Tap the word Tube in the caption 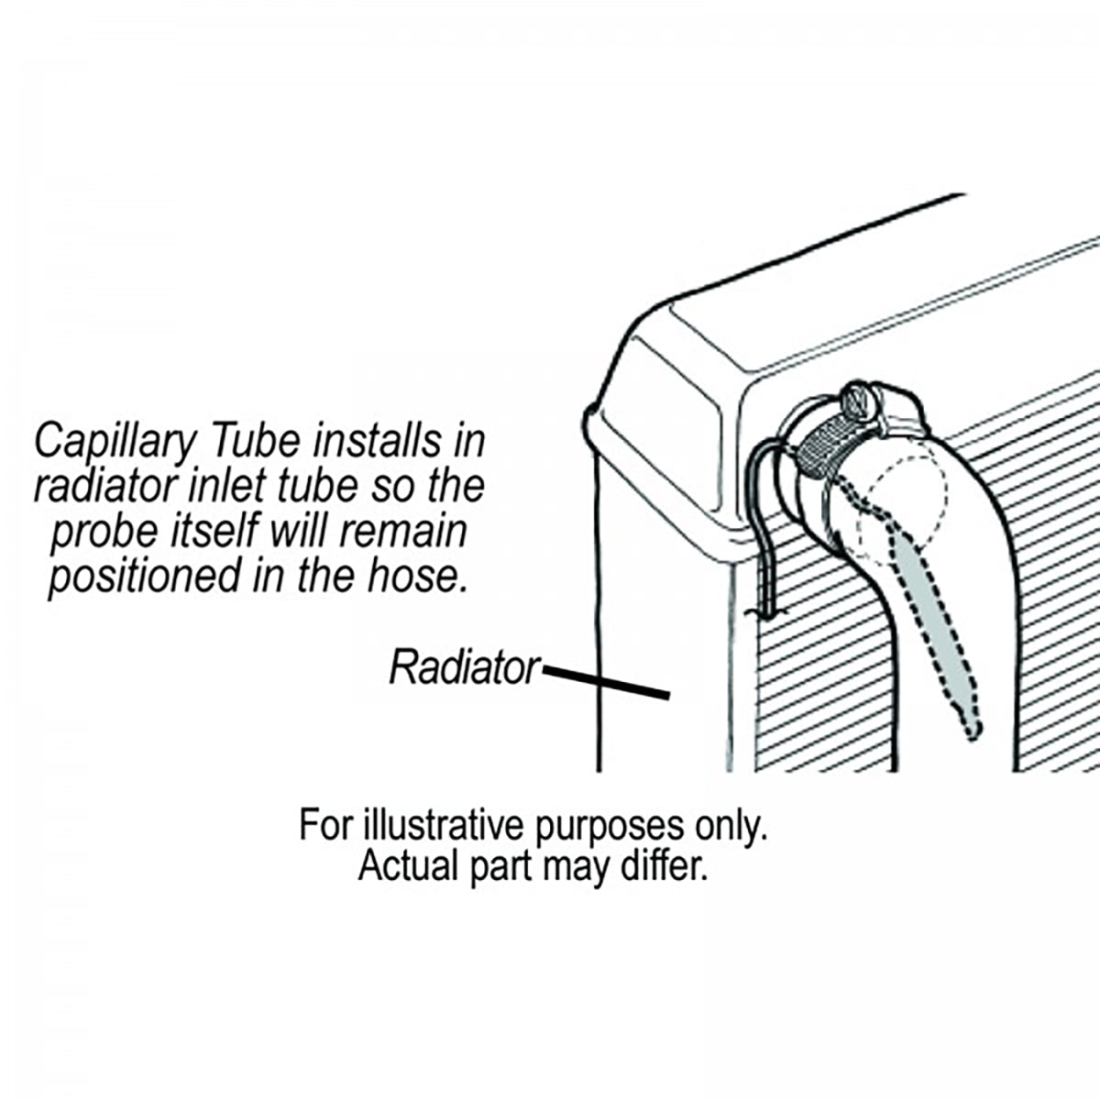[x=259, y=442]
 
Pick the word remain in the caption [x=412, y=532]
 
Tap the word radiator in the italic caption [x=101, y=487]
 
